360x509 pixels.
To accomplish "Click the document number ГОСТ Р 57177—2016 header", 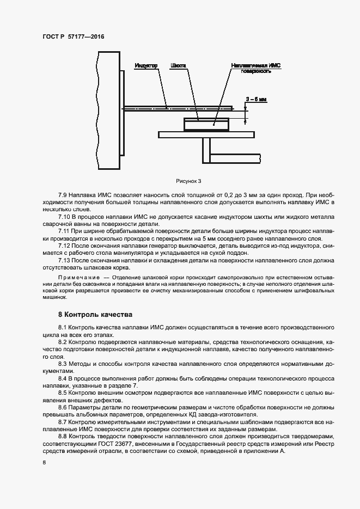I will (73, 37).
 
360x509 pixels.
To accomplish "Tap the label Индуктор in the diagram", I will (145, 66).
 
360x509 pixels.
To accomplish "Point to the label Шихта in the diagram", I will (178, 66).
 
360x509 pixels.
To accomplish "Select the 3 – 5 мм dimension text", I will (256, 99).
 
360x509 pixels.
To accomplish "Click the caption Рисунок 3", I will (189, 181).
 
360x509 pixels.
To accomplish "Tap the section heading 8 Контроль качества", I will (95, 315).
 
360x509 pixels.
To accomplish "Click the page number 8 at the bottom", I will (44, 463).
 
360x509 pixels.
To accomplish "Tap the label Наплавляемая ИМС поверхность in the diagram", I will (255, 69).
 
